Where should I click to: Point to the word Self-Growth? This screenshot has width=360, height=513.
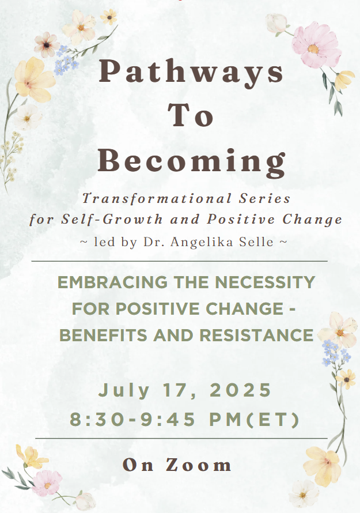click(x=112, y=219)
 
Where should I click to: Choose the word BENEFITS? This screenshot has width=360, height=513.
click(x=103, y=335)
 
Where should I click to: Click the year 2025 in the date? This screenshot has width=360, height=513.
click(x=240, y=390)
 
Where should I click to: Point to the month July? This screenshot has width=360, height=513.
click(x=124, y=391)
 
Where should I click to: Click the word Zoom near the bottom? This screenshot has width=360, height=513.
click(x=199, y=465)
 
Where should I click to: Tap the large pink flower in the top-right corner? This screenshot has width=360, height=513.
click(x=316, y=45)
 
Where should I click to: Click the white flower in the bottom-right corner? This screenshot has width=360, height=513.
click(x=304, y=493)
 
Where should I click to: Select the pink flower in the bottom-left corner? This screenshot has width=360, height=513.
click(x=48, y=483)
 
